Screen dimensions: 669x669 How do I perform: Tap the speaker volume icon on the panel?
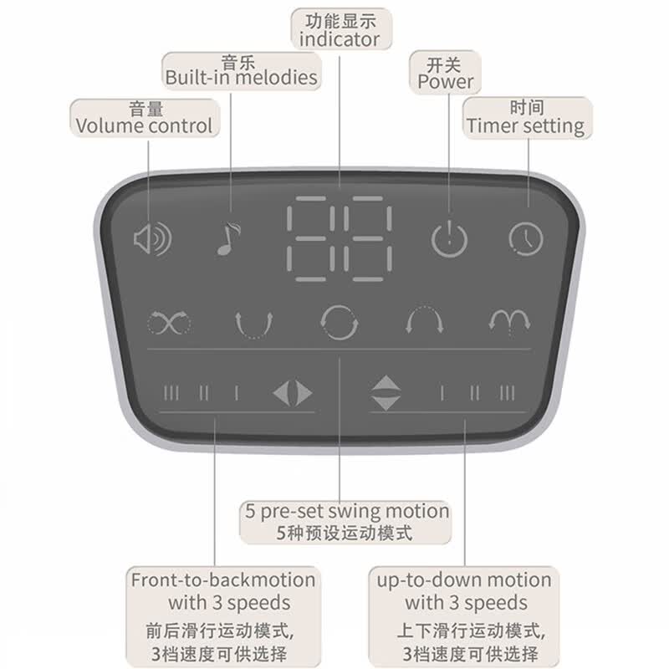tap(152, 239)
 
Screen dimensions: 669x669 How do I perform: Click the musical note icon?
tap(227, 239)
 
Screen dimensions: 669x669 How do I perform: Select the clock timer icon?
tap(526, 239)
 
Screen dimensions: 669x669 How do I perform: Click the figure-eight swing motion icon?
tap(169, 323)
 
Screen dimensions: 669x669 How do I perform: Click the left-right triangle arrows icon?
tap(292, 393)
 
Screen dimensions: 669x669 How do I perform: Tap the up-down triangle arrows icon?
tap(386, 393)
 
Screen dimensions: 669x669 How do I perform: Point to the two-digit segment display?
tap(340, 239)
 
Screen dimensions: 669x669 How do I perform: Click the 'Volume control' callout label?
tap(144, 126)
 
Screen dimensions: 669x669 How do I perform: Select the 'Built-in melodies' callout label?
tap(241, 78)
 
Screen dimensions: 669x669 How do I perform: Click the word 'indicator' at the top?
tap(340, 39)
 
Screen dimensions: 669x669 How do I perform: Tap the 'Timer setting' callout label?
tap(526, 126)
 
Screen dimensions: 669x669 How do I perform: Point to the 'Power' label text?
tap(446, 81)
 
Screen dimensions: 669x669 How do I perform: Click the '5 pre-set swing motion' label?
tap(347, 512)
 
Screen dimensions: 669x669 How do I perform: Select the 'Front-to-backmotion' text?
tap(223, 580)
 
